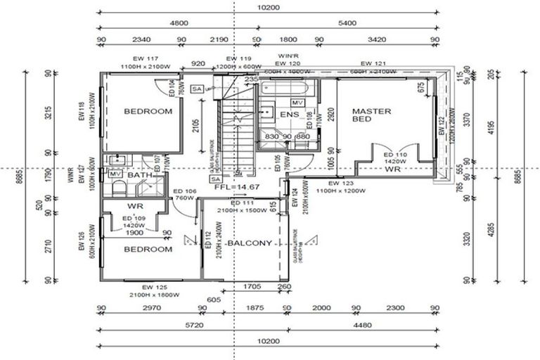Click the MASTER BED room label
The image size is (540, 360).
point(371,115)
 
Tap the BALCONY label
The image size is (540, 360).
point(249,243)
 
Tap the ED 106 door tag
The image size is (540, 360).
point(184,191)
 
